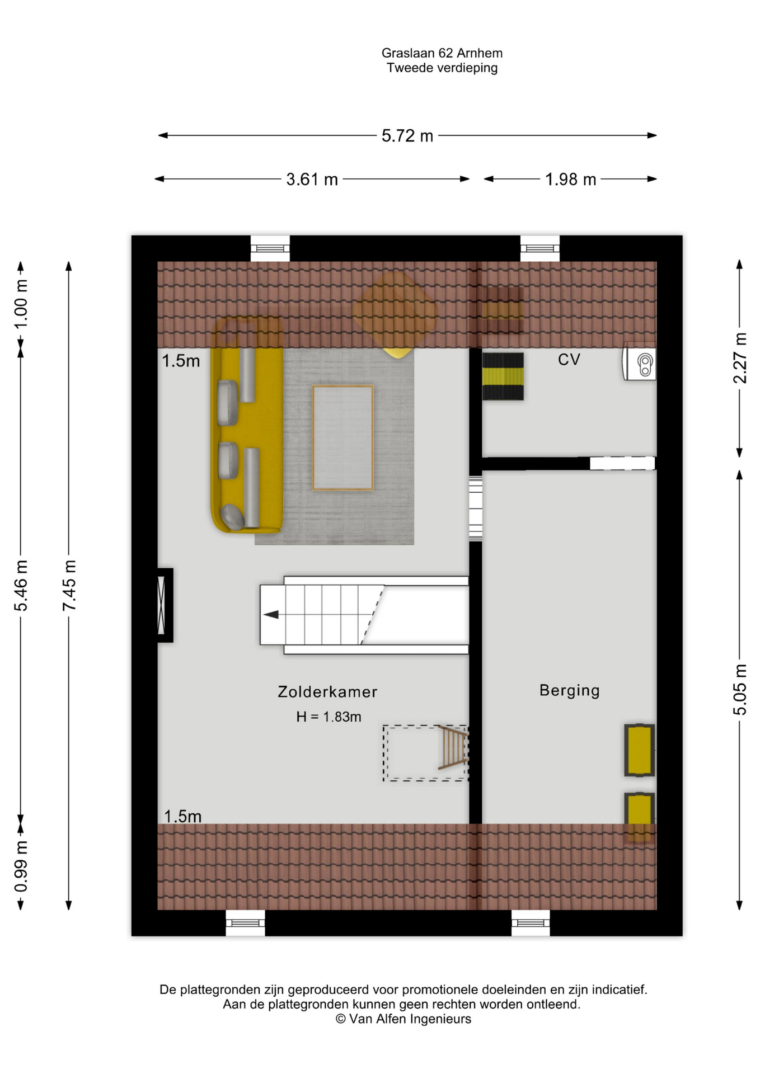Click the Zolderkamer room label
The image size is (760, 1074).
[x=327, y=692]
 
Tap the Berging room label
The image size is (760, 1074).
[x=569, y=691]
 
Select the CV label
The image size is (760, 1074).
[x=569, y=360]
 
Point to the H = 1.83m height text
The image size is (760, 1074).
[x=329, y=717]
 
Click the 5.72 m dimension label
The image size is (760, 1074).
[x=407, y=136]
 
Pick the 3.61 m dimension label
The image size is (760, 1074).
[x=312, y=180]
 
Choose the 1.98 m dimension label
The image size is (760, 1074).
[x=570, y=180]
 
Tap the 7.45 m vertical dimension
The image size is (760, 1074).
[x=69, y=585]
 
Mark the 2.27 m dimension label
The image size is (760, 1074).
[x=740, y=358]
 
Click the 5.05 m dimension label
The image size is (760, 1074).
[x=740, y=690]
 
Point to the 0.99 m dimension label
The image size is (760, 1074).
[x=21, y=866]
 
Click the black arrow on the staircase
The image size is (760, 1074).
[x=271, y=615]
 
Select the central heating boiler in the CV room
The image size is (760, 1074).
[x=640, y=364]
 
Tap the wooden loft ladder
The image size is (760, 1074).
[x=453, y=747]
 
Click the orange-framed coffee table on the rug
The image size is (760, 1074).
[x=343, y=438]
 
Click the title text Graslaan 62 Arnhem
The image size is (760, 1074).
[x=442, y=53]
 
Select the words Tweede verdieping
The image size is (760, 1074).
[x=442, y=68]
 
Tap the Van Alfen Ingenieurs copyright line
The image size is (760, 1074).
[x=404, y=1019]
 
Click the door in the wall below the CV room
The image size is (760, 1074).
[x=622, y=463]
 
